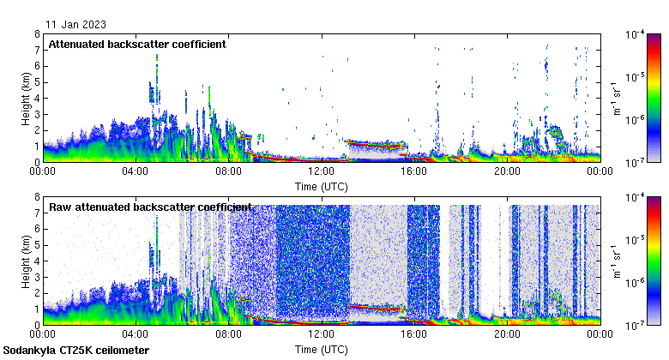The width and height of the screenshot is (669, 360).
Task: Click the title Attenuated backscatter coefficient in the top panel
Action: (x=137, y=44)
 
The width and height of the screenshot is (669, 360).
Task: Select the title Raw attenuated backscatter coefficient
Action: (x=150, y=207)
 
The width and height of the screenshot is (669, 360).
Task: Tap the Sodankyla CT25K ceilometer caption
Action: (x=76, y=351)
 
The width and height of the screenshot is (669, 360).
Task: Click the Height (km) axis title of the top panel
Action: (x=27, y=98)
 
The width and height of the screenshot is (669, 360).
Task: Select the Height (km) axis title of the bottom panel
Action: (x=27, y=261)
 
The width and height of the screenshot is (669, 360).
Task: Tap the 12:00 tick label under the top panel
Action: (x=322, y=171)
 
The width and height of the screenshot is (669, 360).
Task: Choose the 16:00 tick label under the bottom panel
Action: (x=414, y=334)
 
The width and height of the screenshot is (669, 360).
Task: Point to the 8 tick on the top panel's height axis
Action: (x=37, y=34)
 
